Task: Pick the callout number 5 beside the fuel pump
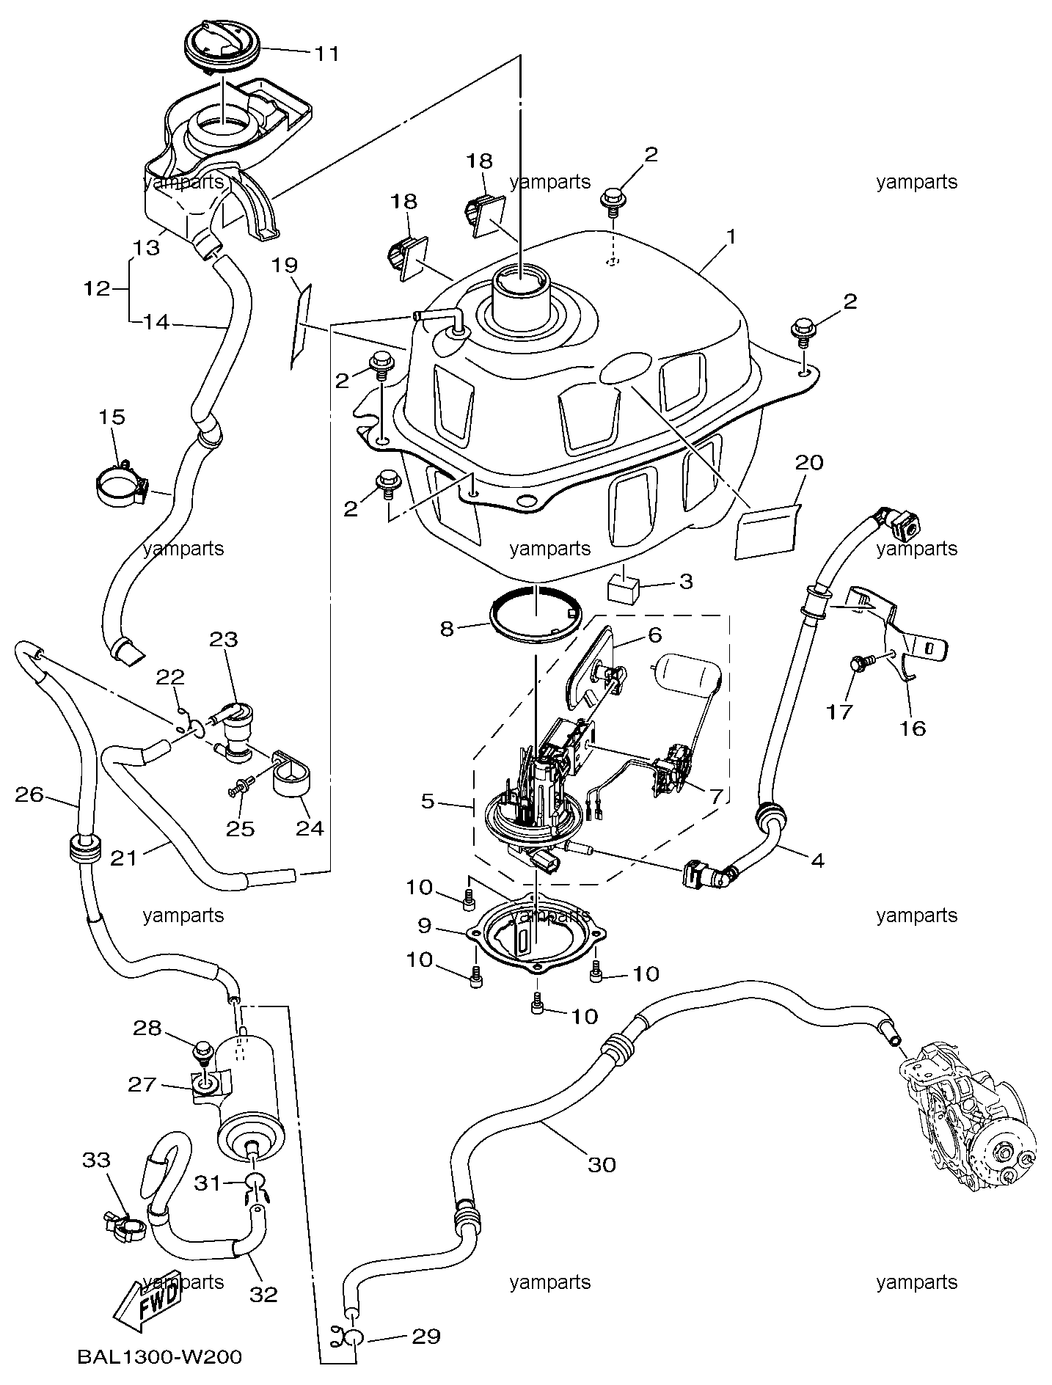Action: [x=428, y=801]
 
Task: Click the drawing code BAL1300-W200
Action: [x=159, y=1357]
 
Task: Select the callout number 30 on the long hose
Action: [x=602, y=1164]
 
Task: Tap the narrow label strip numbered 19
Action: [x=301, y=327]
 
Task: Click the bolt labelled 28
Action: [x=202, y=1054]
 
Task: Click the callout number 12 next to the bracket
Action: [x=96, y=288]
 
